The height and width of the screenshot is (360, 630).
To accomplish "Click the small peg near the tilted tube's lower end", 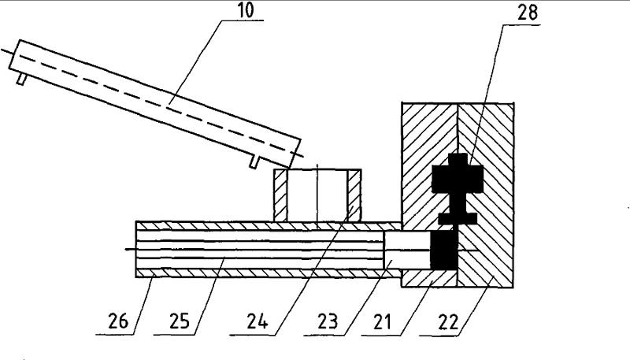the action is click(x=254, y=161).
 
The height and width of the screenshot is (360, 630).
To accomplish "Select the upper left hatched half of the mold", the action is click(x=417, y=158).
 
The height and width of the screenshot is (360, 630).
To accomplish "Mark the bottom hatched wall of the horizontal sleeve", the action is click(x=260, y=273).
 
